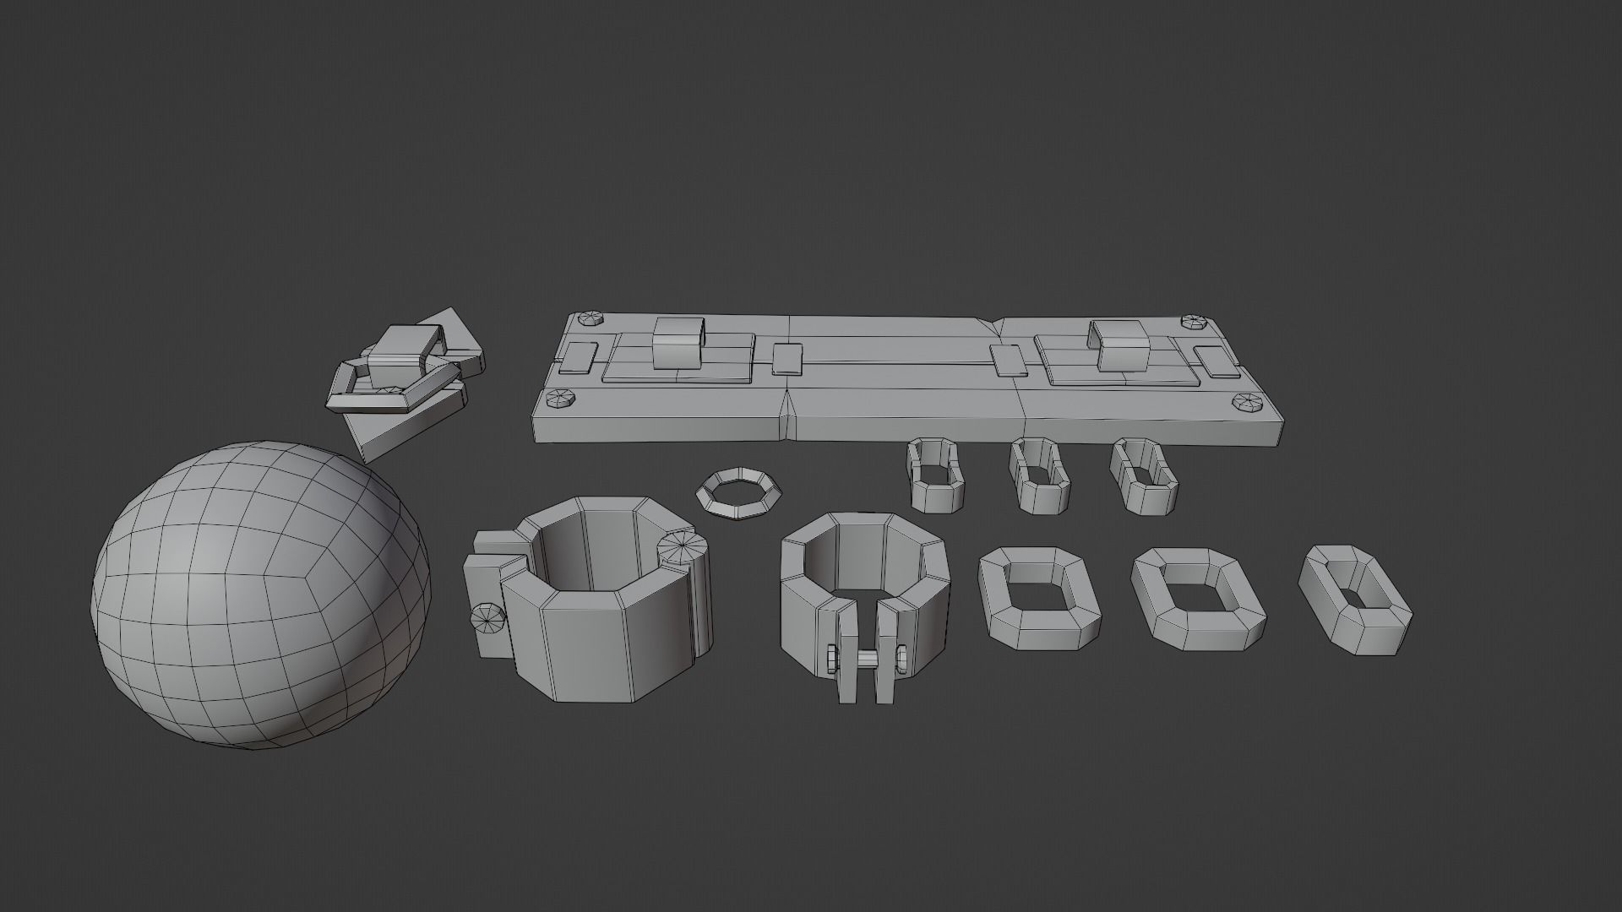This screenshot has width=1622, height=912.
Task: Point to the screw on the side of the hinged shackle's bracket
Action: (487, 619)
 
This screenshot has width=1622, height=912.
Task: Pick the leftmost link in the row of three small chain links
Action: (934, 475)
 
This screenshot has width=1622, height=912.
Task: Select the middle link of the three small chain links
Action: (1040, 475)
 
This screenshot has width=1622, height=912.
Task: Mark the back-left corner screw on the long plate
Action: (588, 319)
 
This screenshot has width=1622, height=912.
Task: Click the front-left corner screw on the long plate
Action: (560, 399)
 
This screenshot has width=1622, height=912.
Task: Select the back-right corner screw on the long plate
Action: (1195, 322)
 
